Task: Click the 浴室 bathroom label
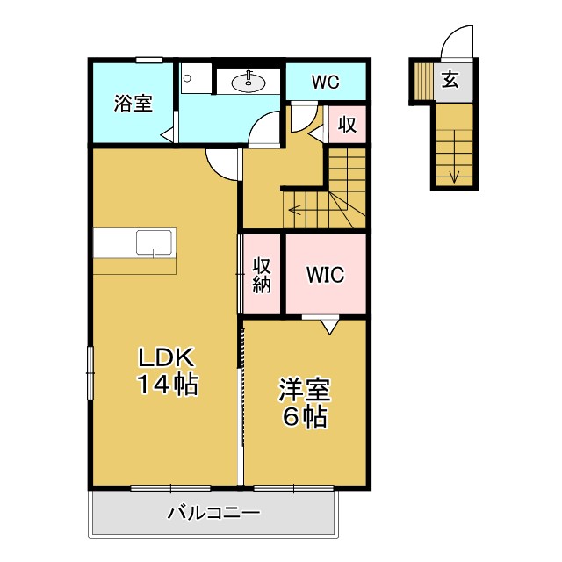pos(133,103)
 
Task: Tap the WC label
pos(325,83)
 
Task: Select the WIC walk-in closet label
pos(325,274)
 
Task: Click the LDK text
pos(163,359)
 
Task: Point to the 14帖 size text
pos(165,385)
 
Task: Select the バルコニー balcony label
pos(213,513)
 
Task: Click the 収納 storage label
pos(262,274)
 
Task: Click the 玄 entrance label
pos(450,80)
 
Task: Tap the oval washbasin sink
pos(249,83)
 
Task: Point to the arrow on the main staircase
pos(295,210)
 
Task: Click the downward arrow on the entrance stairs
pos(454,173)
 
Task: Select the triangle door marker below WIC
pos(328,326)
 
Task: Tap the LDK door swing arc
pos(223,164)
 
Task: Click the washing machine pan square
pos(196,78)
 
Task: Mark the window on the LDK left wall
pos(90,372)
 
